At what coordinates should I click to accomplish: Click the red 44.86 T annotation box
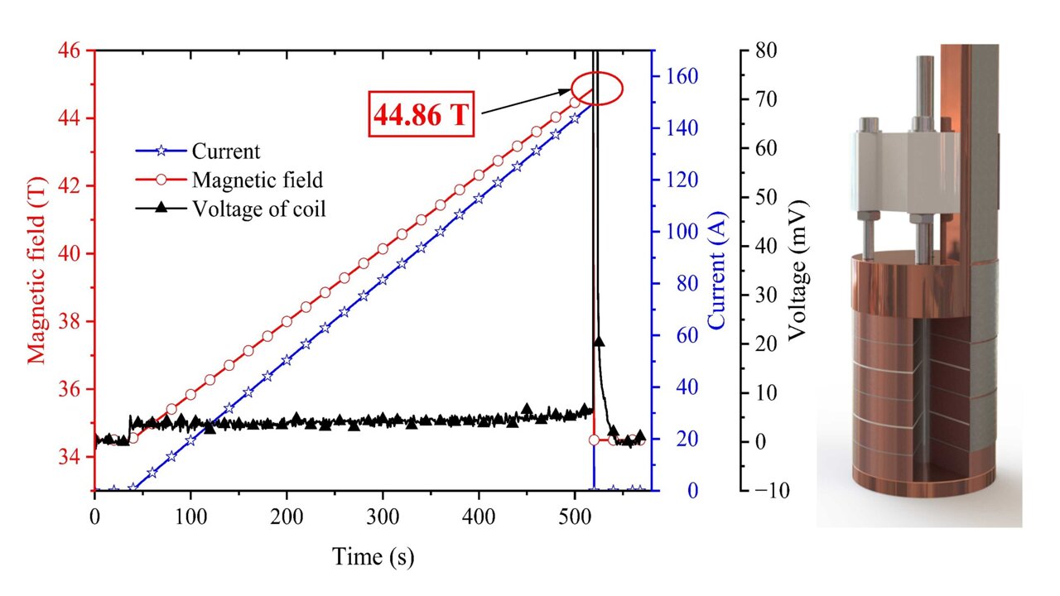pos(422,115)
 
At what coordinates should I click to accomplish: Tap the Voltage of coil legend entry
pos(258,209)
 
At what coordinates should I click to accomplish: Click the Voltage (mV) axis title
pos(797,271)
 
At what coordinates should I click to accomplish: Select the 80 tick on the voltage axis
pos(767,50)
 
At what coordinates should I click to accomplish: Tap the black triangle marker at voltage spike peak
pos(599,341)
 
